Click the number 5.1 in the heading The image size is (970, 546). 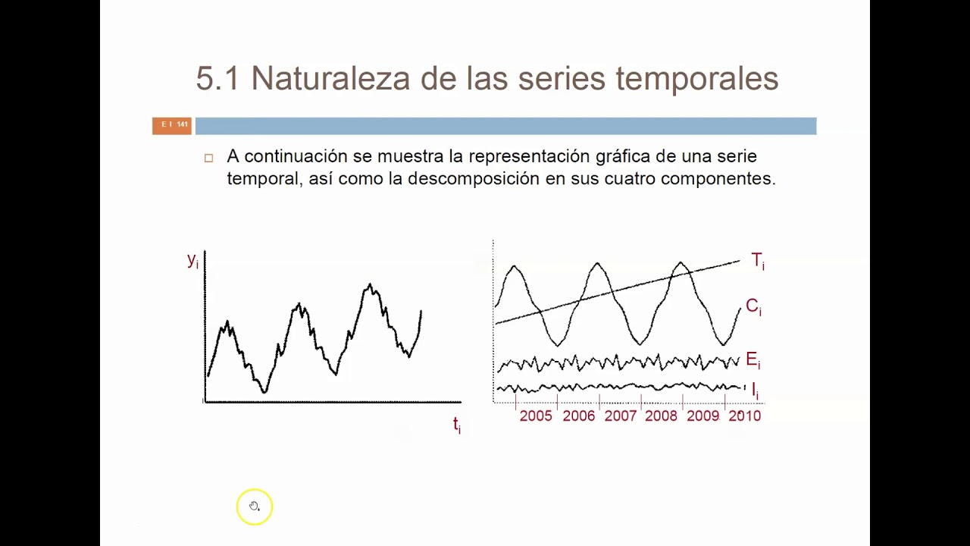(x=217, y=79)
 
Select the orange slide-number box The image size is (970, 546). (x=172, y=125)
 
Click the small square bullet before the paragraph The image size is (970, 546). (x=209, y=158)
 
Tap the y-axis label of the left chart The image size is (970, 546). (x=192, y=260)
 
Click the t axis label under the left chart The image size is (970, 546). (x=456, y=425)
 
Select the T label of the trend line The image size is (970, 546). (x=757, y=261)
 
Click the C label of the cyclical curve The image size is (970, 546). (x=753, y=306)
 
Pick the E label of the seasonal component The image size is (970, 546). (x=752, y=360)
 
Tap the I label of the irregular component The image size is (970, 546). (x=755, y=391)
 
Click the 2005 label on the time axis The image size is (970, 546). (x=536, y=416)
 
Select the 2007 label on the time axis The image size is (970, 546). (x=620, y=416)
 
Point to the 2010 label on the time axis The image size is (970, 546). (x=744, y=416)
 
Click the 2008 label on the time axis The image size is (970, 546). (x=661, y=416)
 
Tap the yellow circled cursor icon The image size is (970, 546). (x=254, y=507)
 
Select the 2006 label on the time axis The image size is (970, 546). (x=578, y=416)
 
